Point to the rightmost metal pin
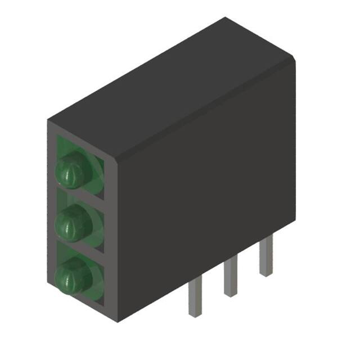pyautogui.click(x=265, y=257)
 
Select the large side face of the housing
pyautogui.click(x=208, y=186)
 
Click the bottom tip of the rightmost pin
pyautogui.click(x=265, y=273)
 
